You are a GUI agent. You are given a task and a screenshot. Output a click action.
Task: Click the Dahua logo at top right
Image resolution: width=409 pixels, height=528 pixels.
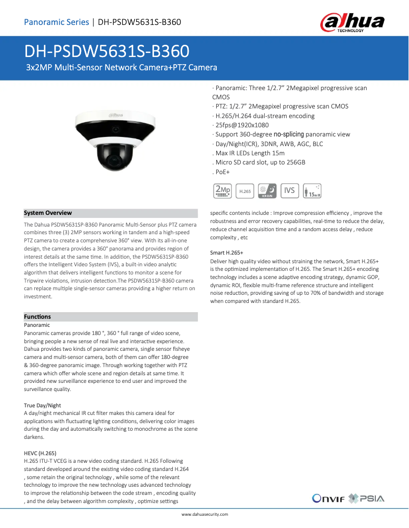tap(352, 23)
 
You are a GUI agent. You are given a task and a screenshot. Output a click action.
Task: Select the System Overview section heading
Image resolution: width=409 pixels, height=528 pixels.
tap(48, 213)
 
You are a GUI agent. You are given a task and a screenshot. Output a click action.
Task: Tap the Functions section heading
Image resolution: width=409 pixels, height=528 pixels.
tap(37, 317)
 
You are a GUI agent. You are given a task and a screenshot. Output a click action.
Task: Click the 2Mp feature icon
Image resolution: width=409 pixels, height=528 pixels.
tap(222, 190)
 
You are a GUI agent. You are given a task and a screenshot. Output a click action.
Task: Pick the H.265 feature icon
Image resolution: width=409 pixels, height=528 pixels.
tap(245, 190)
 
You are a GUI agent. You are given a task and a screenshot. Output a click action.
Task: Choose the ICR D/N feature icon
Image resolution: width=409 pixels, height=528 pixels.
tap(267, 190)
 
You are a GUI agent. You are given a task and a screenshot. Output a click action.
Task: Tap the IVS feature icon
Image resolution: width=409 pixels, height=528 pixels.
tap(290, 190)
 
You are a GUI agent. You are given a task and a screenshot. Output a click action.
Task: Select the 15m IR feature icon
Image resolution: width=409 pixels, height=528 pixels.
tap(312, 190)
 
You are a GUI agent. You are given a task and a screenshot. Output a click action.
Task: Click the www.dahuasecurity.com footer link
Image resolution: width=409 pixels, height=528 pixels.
tap(205, 514)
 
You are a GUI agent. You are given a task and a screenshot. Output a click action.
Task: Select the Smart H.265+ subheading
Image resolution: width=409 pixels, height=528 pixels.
tap(226, 253)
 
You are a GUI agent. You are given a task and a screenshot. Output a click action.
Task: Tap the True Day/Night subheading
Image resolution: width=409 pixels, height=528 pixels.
tap(42, 405)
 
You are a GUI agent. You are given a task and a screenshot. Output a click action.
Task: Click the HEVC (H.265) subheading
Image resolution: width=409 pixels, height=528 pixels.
tap(40, 453)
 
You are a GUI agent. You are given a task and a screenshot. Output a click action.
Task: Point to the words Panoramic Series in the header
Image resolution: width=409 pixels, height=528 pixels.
tap(56, 22)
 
